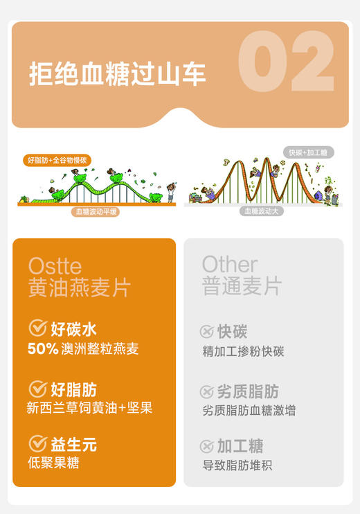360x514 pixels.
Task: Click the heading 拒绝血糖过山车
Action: pyautogui.click(x=118, y=73)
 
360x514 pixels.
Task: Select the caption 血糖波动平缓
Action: pyautogui.click(x=97, y=212)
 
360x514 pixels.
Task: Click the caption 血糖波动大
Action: pyautogui.click(x=264, y=211)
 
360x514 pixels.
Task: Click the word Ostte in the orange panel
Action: pyautogui.click(x=55, y=266)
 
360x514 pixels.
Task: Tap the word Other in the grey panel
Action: pyautogui.click(x=230, y=265)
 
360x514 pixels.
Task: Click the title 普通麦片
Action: pyautogui.click(x=242, y=287)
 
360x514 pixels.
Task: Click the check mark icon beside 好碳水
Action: pyautogui.click(x=37, y=328)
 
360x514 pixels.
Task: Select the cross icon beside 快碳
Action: pyautogui.click(x=206, y=332)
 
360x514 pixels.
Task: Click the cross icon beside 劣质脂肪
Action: pyautogui.click(x=206, y=391)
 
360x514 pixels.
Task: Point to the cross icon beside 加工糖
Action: pyautogui.click(x=206, y=446)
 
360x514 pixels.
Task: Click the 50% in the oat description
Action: pyautogui.click(x=42, y=348)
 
